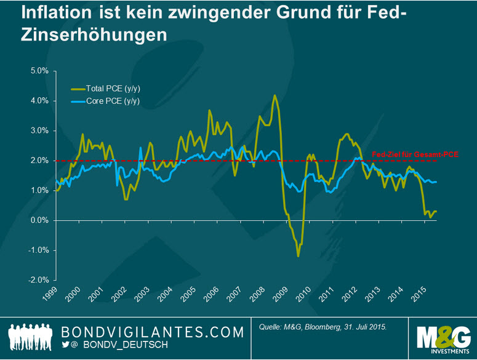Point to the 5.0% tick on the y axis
tap(40, 71)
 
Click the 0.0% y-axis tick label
tap(40, 220)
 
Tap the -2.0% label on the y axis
tap(39, 280)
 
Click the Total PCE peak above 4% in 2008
tap(275, 95)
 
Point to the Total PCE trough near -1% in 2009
tap(298, 255)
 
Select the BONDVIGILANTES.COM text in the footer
tap(153, 332)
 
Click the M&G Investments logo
tap(443, 337)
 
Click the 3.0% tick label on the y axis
tap(40, 130)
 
